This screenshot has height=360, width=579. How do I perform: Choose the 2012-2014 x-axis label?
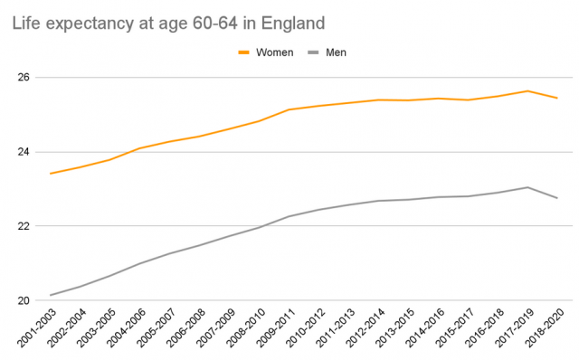[363, 329]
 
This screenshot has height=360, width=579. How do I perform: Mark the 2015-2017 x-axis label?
[452, 329]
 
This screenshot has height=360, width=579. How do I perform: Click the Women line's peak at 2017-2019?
[527, 90]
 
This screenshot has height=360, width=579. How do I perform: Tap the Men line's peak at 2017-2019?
[527, 187]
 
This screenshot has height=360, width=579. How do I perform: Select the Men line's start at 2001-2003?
[51, 295]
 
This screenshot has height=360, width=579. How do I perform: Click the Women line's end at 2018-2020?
[557, 98]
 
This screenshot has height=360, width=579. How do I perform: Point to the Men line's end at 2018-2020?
[557, 198]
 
